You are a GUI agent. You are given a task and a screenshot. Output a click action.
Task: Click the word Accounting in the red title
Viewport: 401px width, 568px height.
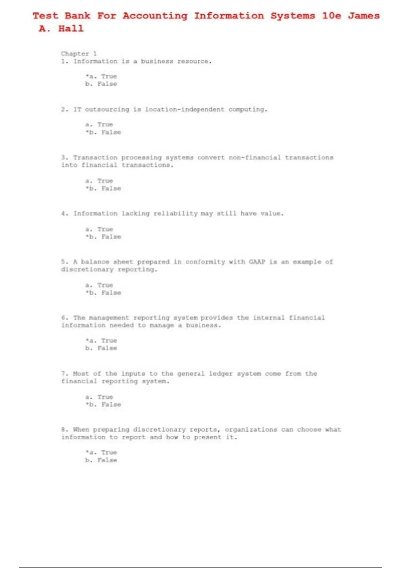155,16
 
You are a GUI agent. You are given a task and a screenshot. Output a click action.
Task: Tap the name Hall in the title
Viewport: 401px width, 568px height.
71,29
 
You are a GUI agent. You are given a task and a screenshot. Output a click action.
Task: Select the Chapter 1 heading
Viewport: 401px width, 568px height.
79,53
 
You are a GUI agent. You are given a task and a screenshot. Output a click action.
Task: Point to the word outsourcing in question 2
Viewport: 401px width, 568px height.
107,110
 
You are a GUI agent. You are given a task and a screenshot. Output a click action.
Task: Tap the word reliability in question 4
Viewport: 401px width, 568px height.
175,214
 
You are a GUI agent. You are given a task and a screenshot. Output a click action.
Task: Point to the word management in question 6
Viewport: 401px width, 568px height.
109,318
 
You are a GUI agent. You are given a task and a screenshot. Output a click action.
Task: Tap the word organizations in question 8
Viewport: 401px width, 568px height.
251,430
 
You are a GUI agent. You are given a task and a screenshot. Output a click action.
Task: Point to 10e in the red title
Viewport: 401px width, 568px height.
331,16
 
